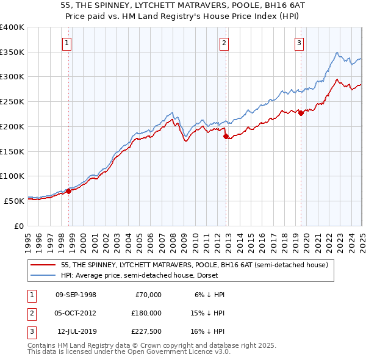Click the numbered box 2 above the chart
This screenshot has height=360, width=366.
tap(224, 43)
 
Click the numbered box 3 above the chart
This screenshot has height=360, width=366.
tap(300, 43)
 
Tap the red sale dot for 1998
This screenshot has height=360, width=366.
tap(68, 191)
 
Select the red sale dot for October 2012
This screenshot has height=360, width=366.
tap(226, 137)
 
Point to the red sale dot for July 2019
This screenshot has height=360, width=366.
tap(301, 113)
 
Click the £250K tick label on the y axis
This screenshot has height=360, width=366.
tap(12, 101)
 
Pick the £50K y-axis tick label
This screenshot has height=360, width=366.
tap(14, 201)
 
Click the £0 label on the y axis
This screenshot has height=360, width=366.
tap(19, 226)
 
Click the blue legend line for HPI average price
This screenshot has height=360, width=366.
tap(43, 275)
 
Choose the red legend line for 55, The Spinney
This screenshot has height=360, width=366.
tap(43, 265)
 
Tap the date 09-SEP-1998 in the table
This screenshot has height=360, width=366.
tap(76, 295)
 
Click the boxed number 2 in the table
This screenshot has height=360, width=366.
tap(30, 312)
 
